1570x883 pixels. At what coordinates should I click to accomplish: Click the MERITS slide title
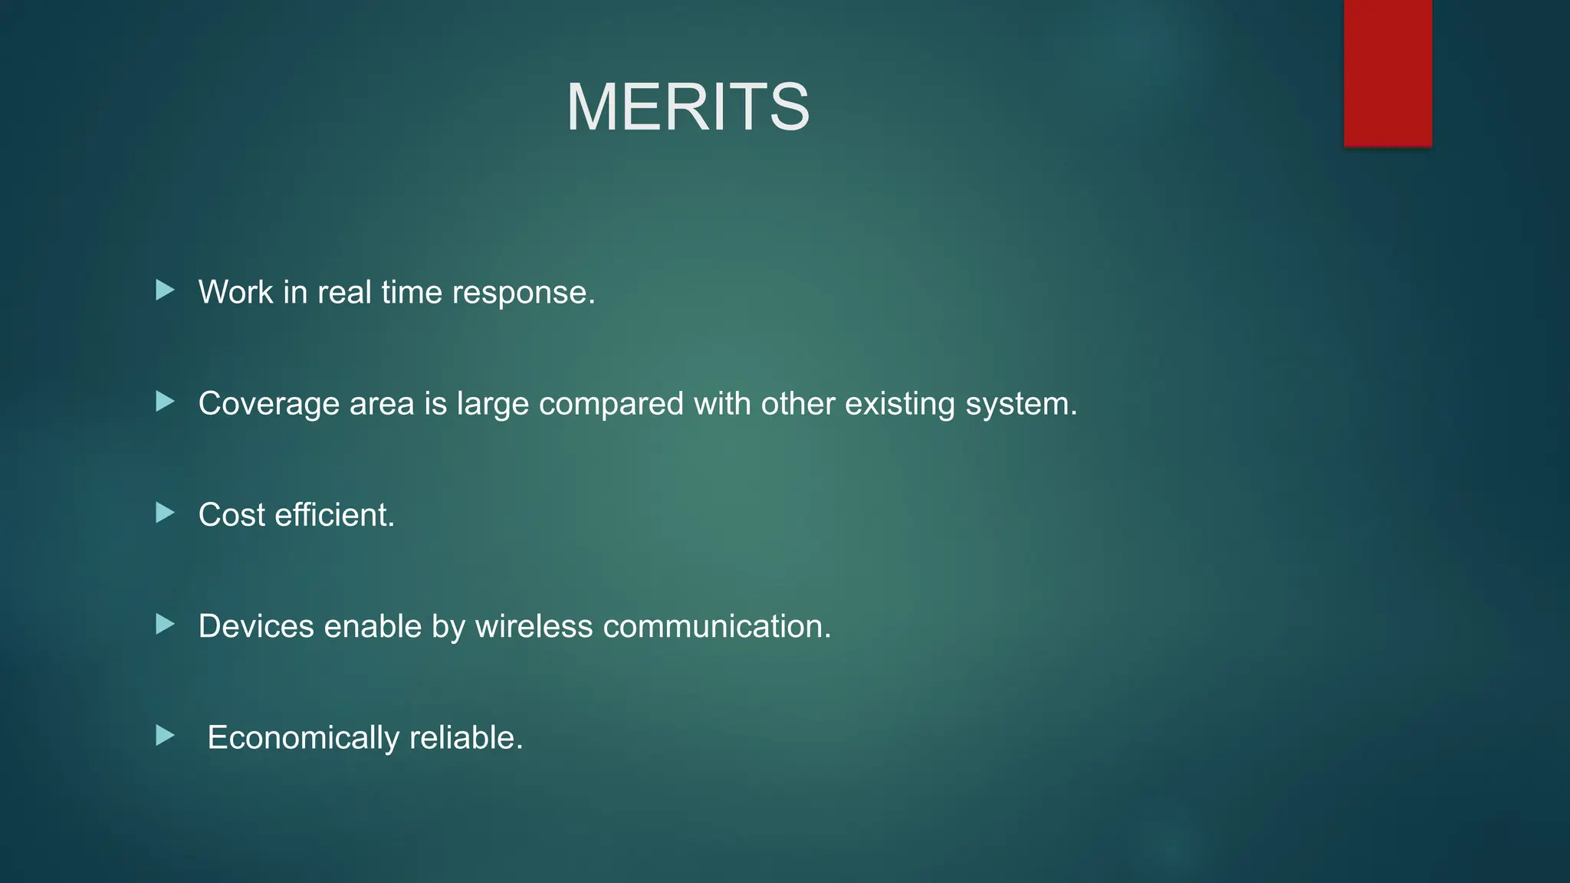688,107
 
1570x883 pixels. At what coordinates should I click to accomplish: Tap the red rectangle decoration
1388,73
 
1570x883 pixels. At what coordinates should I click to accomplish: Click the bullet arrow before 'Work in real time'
165,291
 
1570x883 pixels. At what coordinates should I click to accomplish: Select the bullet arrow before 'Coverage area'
165,402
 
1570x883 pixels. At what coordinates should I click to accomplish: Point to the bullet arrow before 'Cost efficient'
165,513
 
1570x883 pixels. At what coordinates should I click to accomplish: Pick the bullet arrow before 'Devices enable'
165,625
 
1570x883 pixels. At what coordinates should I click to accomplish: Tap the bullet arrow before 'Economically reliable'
165,737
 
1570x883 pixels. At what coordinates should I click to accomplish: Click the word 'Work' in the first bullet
235,292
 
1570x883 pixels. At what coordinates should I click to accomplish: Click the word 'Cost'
232,515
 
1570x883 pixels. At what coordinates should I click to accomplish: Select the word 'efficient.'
334,515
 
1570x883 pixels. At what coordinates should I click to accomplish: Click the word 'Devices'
256,626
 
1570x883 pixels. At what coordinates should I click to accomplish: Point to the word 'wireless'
534,626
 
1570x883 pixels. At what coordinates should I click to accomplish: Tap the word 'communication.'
717,626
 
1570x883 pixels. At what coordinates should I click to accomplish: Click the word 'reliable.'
466,738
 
